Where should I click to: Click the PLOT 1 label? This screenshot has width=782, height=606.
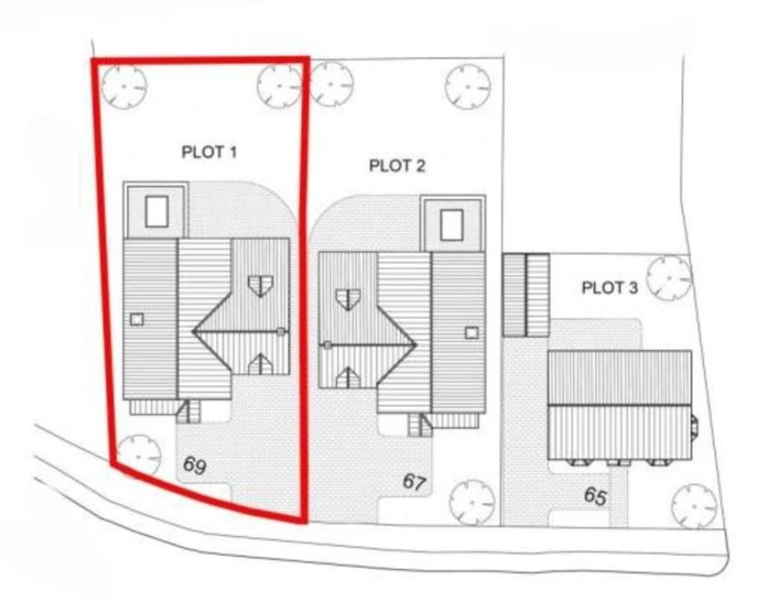(x=210, y=152)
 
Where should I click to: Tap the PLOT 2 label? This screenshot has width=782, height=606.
(x=396, y=165)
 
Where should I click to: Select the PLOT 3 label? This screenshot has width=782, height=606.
(x=609, y=288)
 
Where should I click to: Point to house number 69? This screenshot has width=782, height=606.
(x=195, y=466)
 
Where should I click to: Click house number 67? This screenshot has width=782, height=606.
(x=415, y=481)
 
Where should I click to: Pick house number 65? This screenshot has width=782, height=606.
(x=594, y=496)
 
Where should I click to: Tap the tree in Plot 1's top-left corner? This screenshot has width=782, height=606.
(x=123, y=86)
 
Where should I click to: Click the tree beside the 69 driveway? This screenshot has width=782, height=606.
(x=139, y=453)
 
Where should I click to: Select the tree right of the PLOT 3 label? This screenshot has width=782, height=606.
(x=670, y=277)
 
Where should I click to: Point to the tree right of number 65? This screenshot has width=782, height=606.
(x=694, y=506)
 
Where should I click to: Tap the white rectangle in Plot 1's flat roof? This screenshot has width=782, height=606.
(x=156, y=210)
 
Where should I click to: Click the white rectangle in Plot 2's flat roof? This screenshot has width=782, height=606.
(x=451, y=225)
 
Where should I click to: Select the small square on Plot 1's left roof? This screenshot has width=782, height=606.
(x=137, y=319)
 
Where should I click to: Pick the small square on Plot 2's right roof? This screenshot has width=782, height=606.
(x=472, y=333)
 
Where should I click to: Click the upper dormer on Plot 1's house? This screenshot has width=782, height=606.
(x=259, y=285)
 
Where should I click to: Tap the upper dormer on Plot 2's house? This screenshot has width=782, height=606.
(x=348, y=299)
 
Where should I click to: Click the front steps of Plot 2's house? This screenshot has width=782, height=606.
(x=419, y=424)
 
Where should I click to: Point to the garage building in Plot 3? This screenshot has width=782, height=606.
(x=525, y=295)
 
